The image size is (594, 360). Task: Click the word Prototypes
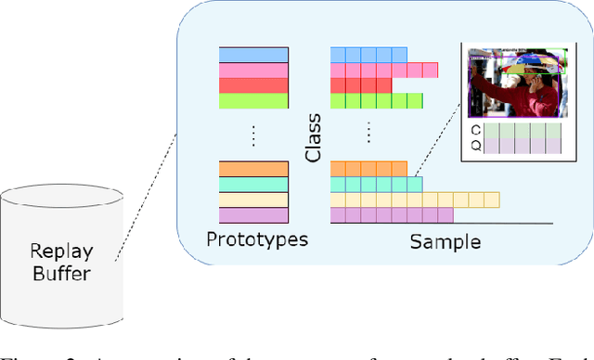coord(256,240)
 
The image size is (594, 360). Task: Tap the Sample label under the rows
coord(445,242)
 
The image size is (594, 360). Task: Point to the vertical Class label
coord(313,136)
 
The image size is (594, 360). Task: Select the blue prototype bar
coord(253,55)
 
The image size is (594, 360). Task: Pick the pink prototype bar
coord(253,71)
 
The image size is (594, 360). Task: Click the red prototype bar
coord(253,86)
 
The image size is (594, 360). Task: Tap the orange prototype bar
coord(253,169)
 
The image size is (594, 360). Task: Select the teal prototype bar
coord(253,185)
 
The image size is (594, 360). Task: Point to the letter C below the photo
coord(476,131)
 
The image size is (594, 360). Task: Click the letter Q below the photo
coord(476,146)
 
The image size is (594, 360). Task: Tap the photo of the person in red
coord(513,84)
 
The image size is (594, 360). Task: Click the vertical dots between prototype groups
coord(253,135)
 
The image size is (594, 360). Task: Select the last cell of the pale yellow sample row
coord(492,199)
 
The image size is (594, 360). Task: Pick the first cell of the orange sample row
coord(338,168)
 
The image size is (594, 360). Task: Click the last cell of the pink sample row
coord(430,70)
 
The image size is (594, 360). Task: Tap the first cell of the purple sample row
coord(338,215)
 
